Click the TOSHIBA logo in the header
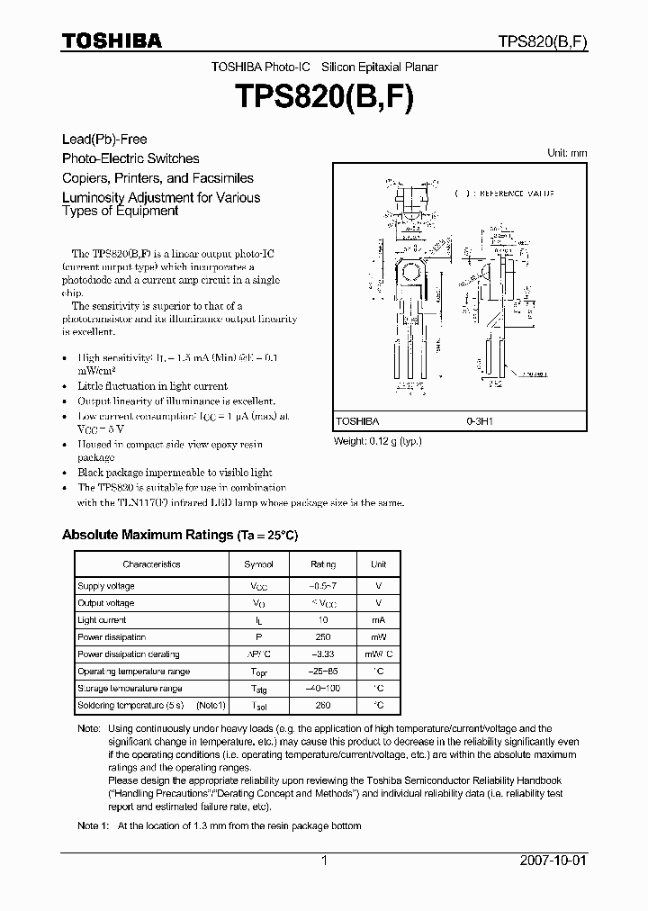pyautogui.click(x=112, y=41)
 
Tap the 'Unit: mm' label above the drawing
pyautogui.click(x=567, y=153)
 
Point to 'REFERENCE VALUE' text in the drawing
pyautogui.click(x=516, y=194)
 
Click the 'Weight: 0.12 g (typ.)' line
pyautogui.click(x=378, y=441)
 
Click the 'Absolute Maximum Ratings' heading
pyautogui.click(x=147, y=535)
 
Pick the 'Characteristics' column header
pyautogui.click(x=151, y=564)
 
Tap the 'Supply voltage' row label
pyautogui.click(x=106, y=586)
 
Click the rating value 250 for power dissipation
pyautogui.click(x=323, y=637)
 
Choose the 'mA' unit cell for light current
pyautogui.click(x=378, y=620)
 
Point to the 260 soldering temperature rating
pyautogui.click(x=323, y=706)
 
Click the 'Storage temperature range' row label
pyautogui.click(x=130, y=689)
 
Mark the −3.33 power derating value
pyautogui.click(x=323, y=654)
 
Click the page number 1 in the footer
pyautogui.click(x=324, y=861)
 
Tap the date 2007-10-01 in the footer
pyautogui.click(x=553, y=861)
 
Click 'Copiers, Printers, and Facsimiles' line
pyautogui.click(x=157, y=178)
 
